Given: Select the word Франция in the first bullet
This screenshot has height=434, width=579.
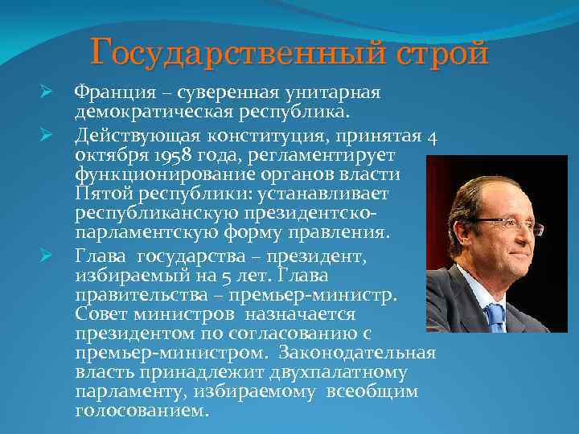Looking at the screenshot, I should coord(111,93).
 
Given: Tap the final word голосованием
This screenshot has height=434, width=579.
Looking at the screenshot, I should coord(141,411).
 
